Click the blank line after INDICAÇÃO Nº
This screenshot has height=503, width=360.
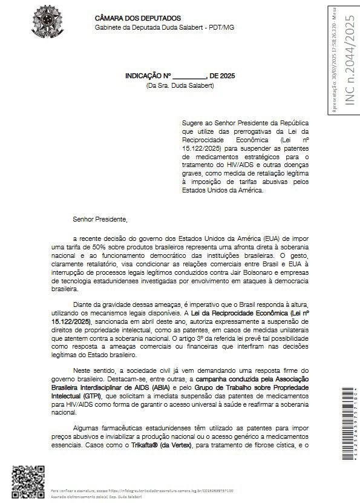click(x=189, y=76)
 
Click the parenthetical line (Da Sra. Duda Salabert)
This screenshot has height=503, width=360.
click(x=180, y=85)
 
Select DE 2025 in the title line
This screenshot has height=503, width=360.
click(x=222, y=76)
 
